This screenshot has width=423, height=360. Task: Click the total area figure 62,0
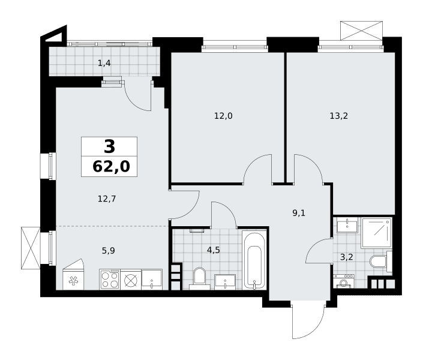(x=111, y=166)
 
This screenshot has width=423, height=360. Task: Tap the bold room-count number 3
(x=110, y=147)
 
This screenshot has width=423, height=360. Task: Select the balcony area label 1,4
(x=104, y=64)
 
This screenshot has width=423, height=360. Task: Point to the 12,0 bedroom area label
(x=223, y=116)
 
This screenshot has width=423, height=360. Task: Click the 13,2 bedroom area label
(x=338, y=116)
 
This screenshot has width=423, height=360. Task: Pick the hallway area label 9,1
(x=299, y=213)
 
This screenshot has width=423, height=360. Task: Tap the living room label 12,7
(x=107, y=199)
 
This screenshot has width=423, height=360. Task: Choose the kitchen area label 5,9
(x=108, y=251)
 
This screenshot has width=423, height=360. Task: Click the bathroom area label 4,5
(x=214, y=250)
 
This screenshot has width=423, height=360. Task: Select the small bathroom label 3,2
(x=346, y=257)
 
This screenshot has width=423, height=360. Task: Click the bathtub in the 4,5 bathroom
(x=254, y=260)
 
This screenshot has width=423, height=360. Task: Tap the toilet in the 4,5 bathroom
(x=199, y=278)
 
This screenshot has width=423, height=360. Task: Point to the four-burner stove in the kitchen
(x=110, y=280)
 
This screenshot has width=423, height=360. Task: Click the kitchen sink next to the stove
(x=152, y=280)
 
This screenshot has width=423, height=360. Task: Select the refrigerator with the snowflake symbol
(x=73, y=275)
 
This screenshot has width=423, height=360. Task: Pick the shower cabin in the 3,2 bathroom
(x=376, y=233)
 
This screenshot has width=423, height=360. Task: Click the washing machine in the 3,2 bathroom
(x=344, y=281)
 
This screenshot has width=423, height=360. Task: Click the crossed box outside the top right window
(x=361, y=31)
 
